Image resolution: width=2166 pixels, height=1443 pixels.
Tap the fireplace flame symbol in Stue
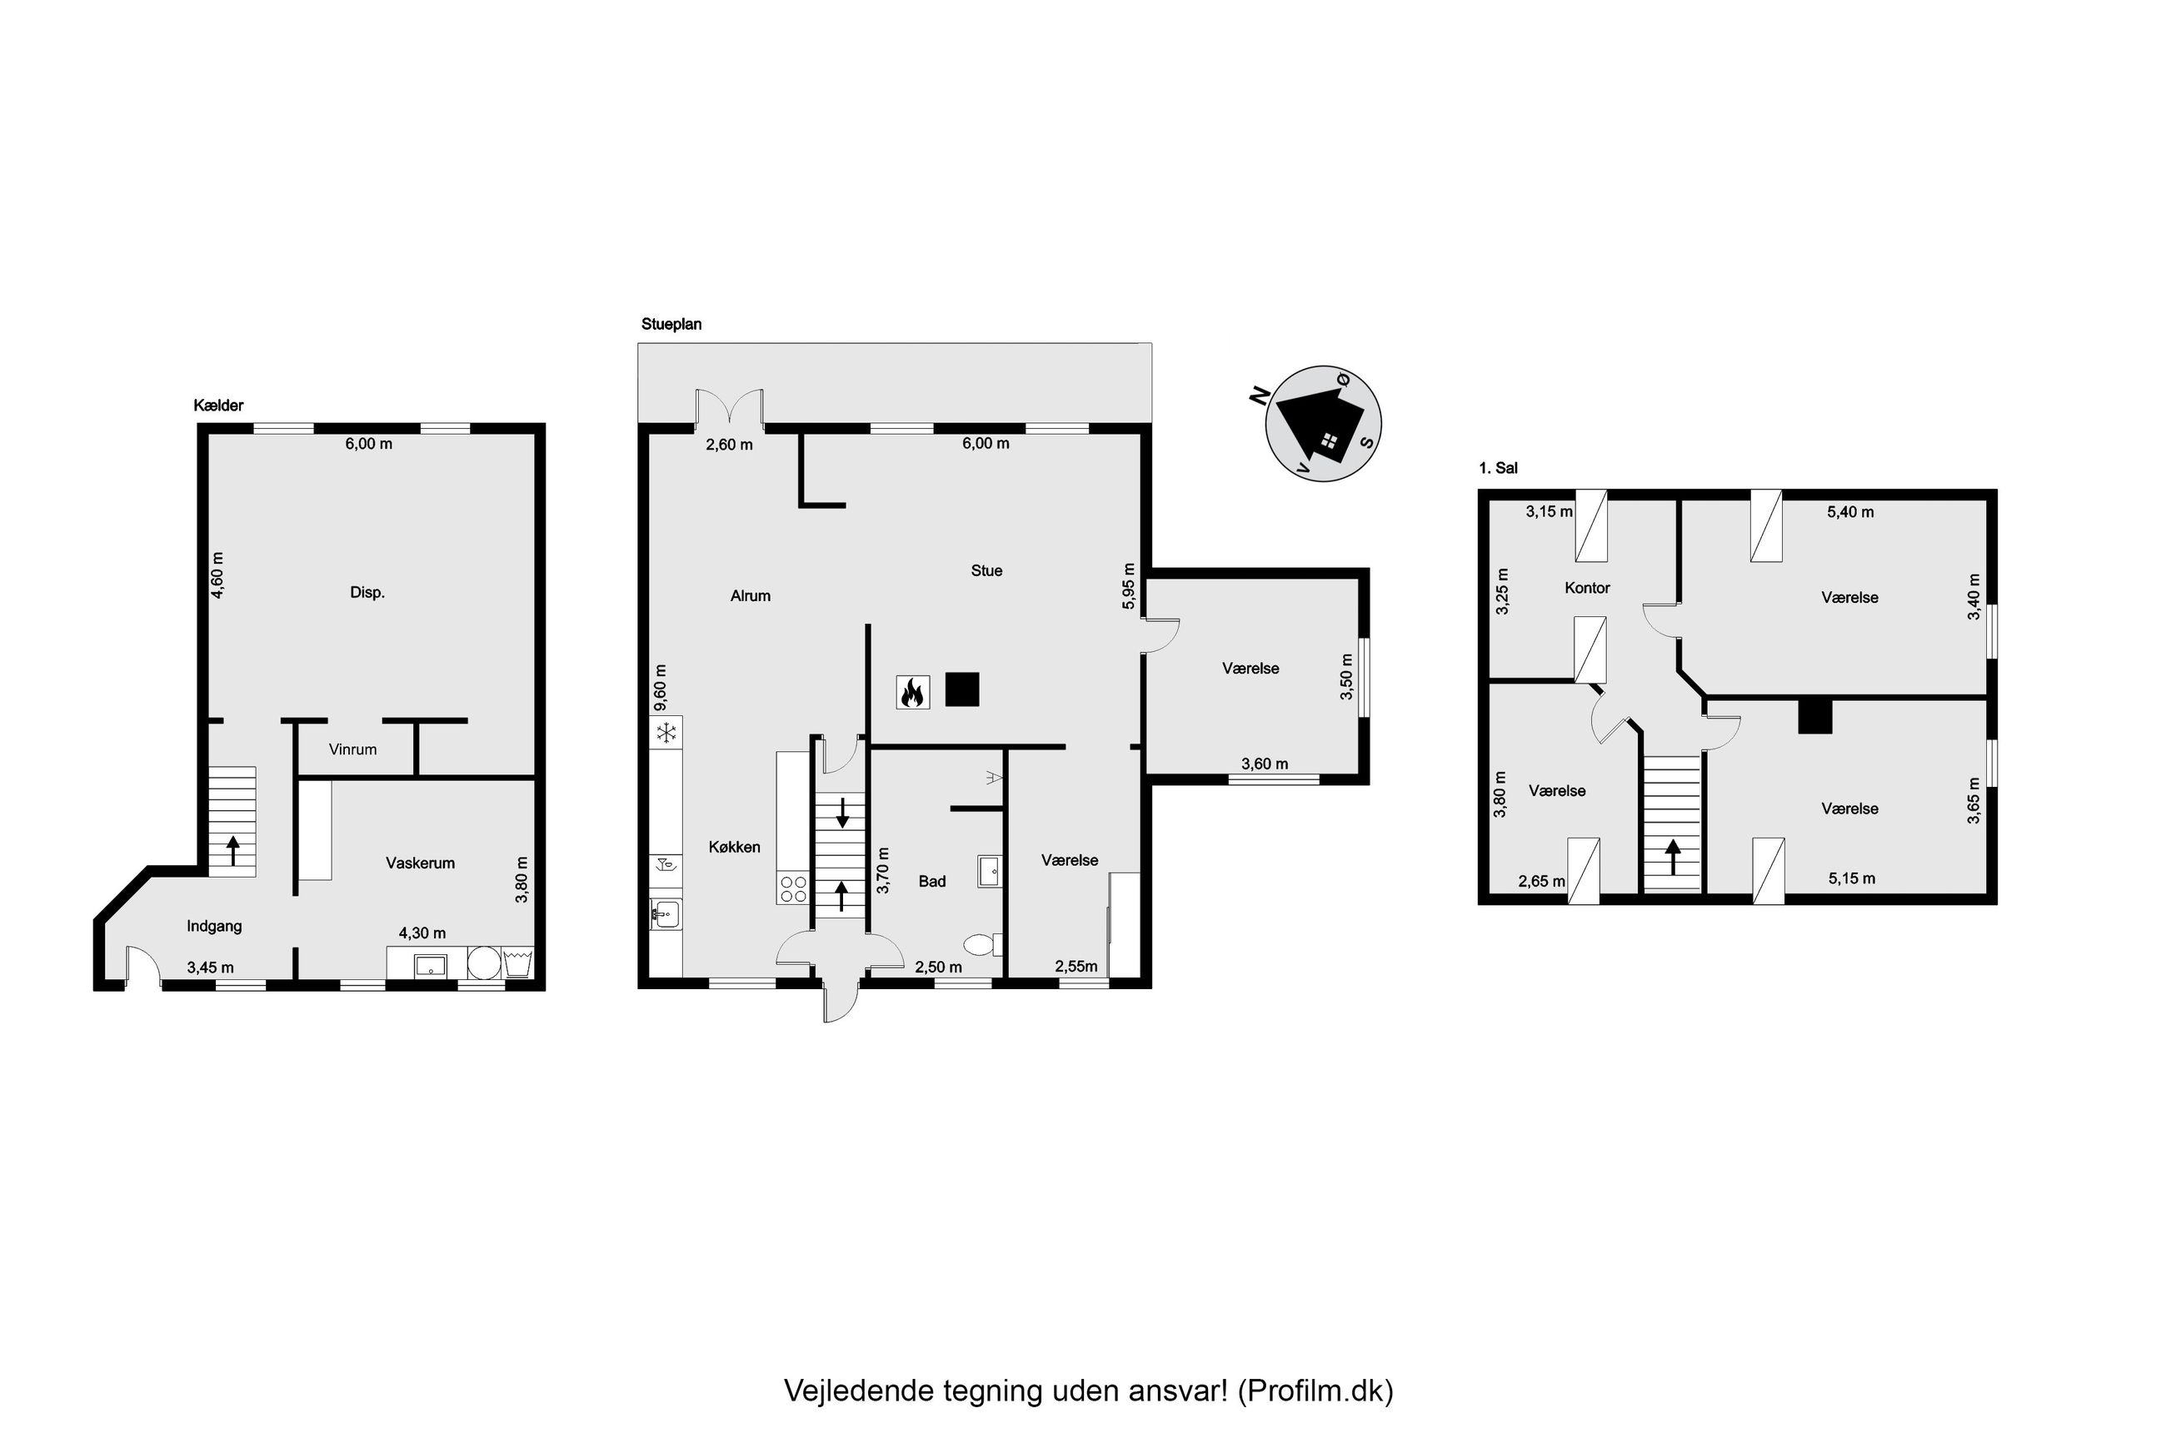[x=912, y=691]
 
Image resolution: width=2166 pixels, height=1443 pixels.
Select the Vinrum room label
[x=352, y=749]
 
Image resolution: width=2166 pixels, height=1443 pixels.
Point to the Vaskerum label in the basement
[x=420, y=863]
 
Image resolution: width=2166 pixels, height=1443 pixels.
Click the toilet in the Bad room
[x=981, y=944]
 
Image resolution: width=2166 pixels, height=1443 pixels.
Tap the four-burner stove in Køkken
[x=792, y=889]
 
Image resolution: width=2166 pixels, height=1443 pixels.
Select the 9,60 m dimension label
[x=659, y=688]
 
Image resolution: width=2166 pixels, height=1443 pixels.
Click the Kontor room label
[x=1587, y=587]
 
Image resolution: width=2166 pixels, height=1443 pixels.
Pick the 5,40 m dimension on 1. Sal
[x=1850, y=512]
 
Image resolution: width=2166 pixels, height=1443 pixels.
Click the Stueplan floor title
[x=671, y=324]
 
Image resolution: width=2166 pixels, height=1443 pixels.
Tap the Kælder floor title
[x=218, y=405]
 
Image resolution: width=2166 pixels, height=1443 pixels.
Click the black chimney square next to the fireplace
[x=962, y=689]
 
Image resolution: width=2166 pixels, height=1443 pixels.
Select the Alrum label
[x=751, y=595]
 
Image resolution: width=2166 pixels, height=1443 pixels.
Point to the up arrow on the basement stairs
[x=233, y=849]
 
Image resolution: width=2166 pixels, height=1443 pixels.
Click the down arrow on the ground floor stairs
[x=841, y=814]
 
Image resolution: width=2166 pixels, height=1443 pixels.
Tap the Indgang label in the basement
[x=214, y=926]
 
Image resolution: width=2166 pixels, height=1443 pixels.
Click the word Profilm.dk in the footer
[x=1315, y=1390]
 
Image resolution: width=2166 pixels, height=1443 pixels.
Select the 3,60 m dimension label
[x=1265, y=763]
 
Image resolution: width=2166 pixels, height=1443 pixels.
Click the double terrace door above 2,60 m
[x=730, y=409]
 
